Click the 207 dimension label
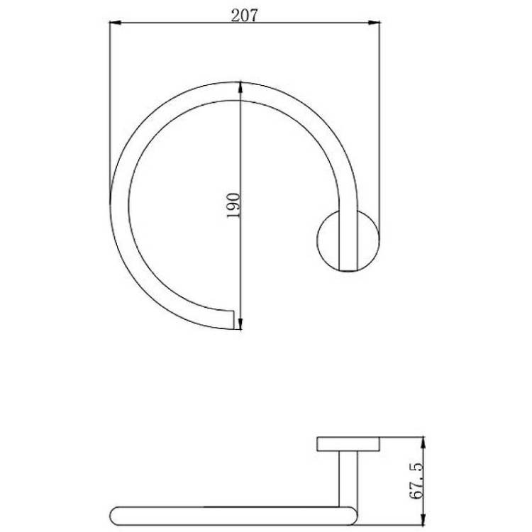coord(244,16)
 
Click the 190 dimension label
coord(233,206)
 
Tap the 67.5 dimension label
coord(416,482)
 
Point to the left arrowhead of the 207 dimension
coord(115,23)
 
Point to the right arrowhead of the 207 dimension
coord(375,23)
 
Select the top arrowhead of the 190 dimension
coord(240,87)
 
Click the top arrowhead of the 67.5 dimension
coord(423,443)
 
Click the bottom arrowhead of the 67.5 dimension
coord(423,520)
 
